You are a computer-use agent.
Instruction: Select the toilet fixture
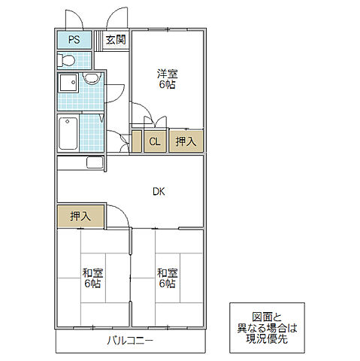pyautogui.click(x=68, y=60)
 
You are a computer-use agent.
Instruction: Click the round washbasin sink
pyautogui.click(x=90, y=79)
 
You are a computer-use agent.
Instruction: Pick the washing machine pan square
pyautogui.click(x=68, y=84)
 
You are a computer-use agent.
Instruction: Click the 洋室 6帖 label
pyautogui.click(x=167, y=79)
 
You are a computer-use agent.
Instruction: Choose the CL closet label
pyautogui.click(x=155, y=141)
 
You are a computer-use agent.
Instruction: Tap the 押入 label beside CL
pyautogui.click(x=186, y=141)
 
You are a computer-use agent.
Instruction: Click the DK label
pyautogui.click(x=159, y=191)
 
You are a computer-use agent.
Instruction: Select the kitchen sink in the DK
pyautogui.click(x=95, y=162)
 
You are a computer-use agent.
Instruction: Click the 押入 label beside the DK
pyautogui.click(x=80, y=216)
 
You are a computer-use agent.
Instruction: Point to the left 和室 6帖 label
pyautogui.click(x=92, y=278)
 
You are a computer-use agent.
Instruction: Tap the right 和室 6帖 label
pyautogui.click(x=167, y=278)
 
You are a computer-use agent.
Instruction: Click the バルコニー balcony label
pyautogui.click(x=129, y=341)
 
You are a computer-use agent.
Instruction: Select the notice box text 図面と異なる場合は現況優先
pyautogui.click(x=268, y=328)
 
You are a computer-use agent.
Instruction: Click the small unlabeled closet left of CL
pyautogui.click(x=137, y=141)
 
